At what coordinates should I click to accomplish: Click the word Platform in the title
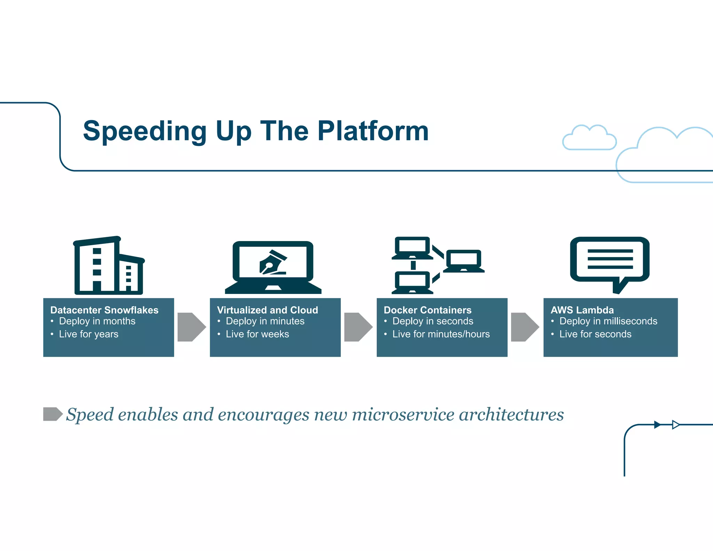[373, 131]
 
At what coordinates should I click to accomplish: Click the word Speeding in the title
[145, 131]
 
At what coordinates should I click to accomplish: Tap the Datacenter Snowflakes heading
[104, 310]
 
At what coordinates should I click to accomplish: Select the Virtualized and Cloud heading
[267, 310]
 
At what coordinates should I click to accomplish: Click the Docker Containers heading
[428, 310]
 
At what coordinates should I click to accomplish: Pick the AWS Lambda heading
[582, 310]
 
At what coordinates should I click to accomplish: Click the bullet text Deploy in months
[97, 321]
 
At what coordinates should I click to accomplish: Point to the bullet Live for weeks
[257, 334]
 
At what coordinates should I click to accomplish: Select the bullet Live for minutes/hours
[441, 334]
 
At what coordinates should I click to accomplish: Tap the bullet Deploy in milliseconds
[608, 321]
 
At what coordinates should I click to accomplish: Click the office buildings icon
[109, 266]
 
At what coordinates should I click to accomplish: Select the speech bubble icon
[610, 264]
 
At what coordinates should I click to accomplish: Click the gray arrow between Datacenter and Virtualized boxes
[191, 327]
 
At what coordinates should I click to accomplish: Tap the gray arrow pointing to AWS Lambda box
[525, 327]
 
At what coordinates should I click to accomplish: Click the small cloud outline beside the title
[589, 138]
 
